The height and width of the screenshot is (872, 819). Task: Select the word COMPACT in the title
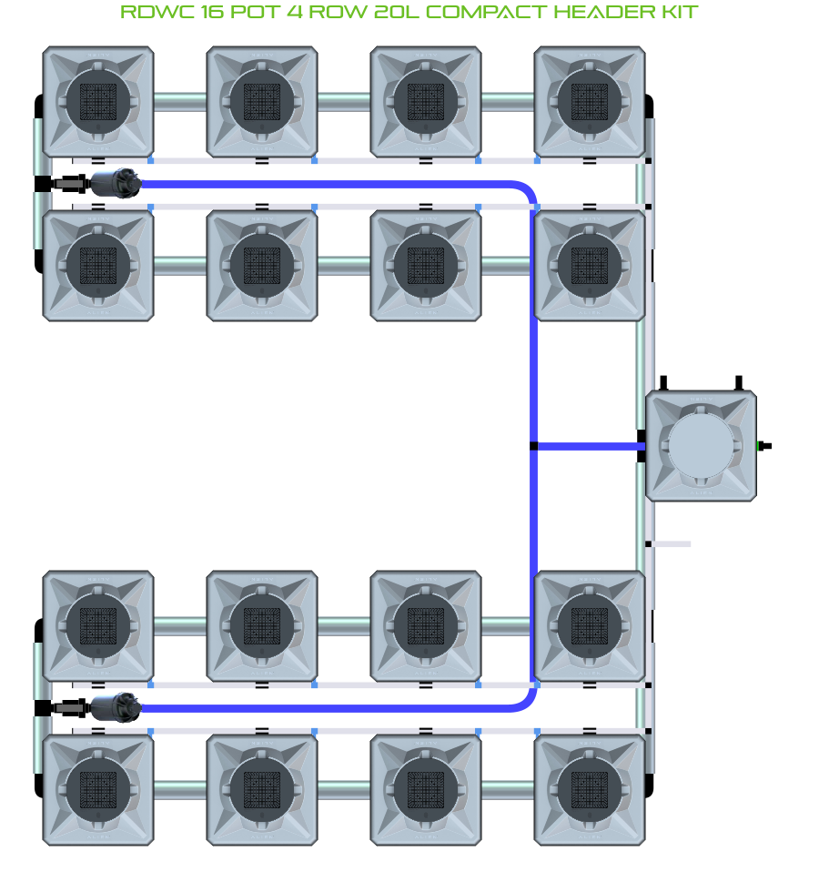tap(483, 13)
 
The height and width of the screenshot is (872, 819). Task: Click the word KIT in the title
tap(678, 13)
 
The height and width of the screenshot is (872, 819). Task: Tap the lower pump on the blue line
tap(116, 706)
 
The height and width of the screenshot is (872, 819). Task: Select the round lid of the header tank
tap(700, 446)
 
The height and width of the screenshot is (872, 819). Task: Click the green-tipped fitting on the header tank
tap(763, 446)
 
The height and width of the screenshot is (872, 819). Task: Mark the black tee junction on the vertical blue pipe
tap(534, 446)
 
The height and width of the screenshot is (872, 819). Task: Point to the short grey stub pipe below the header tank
tap(670, 544)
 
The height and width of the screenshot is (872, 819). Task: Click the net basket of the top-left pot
tap(98, 101)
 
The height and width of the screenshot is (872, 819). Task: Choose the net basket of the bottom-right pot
tap(590, 788)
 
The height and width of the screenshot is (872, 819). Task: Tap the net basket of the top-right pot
tap(590, 101)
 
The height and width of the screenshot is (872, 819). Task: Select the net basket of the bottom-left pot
tap(98, 788)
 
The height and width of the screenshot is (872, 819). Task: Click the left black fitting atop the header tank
tap(664, 381)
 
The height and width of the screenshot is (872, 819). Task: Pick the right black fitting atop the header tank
tap(739, 381)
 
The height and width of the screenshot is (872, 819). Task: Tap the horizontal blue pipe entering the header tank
tap(587, 446)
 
